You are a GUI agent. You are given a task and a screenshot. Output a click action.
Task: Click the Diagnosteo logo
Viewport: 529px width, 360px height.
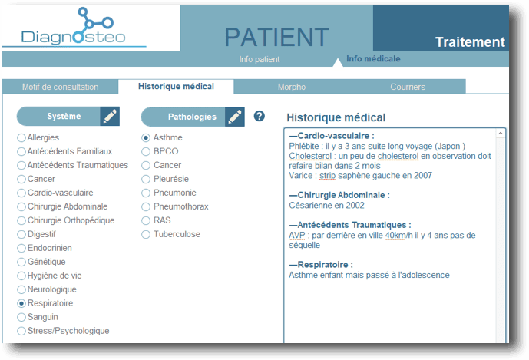[74, 28]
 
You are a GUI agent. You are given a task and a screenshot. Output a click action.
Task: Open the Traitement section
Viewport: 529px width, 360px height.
[470, 42]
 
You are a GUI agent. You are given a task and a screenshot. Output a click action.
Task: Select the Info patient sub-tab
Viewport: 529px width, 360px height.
[260, 59]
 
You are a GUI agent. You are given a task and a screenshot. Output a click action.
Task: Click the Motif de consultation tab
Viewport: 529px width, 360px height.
[61, 87]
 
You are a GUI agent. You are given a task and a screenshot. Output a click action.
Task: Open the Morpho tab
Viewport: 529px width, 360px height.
[292, 87]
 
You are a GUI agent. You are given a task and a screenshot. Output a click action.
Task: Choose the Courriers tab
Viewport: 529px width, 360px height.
[408, 87]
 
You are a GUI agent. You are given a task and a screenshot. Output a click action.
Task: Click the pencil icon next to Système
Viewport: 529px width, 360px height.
[110, 117]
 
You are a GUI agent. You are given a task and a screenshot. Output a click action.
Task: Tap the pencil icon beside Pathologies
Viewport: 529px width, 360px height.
[234, 117]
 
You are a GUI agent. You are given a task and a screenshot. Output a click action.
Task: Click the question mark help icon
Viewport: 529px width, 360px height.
[259, 116]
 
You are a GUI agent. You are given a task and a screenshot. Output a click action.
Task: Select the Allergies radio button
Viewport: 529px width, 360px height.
[21, 137]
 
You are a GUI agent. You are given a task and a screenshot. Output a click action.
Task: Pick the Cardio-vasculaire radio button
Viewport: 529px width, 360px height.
[21, 193]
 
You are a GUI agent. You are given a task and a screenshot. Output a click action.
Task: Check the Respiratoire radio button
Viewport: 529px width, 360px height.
[21, 303]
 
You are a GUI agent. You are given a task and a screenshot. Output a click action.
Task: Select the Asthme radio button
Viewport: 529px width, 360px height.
[146, 137]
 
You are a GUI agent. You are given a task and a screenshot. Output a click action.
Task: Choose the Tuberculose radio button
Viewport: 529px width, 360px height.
[146, 234]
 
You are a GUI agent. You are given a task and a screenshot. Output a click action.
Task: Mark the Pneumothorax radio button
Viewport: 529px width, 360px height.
[146, 206]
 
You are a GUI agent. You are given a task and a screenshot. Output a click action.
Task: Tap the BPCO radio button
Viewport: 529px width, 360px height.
[146, 151]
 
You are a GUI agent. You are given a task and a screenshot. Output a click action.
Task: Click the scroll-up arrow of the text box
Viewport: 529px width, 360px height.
[501, 134]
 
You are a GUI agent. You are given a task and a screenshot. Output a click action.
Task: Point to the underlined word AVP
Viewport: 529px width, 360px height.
[297, 235]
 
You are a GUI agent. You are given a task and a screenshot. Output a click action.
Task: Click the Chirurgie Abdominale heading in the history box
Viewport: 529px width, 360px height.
[339, 195]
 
